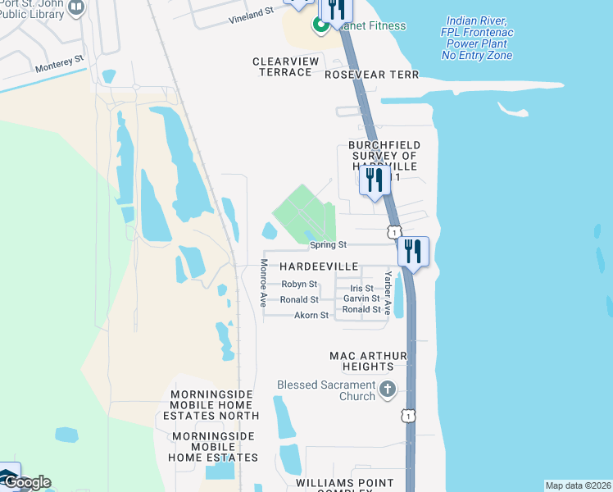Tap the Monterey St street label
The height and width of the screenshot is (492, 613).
click(60, 61)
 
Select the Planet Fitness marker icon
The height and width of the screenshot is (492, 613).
click(321, 25)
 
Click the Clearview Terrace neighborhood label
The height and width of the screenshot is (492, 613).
click(282, 67)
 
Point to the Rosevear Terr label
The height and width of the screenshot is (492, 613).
click(371, 75)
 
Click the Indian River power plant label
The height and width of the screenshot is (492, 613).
click(477, 38)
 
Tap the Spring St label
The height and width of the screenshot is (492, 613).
click(329, 244)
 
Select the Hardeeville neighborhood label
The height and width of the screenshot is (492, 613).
click(319, 267)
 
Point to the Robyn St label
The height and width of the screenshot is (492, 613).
click(299, 284)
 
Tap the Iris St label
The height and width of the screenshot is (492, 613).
click(361, 289)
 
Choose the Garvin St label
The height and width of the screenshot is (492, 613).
click(361, 299)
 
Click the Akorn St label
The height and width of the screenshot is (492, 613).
click(311, 315)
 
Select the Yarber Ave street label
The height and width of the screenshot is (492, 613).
click(388, 294)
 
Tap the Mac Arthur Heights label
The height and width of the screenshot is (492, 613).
click(368, 362)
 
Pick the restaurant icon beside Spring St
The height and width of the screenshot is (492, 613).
click(412, 252)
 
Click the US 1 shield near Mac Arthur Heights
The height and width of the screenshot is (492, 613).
click(407, 417)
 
